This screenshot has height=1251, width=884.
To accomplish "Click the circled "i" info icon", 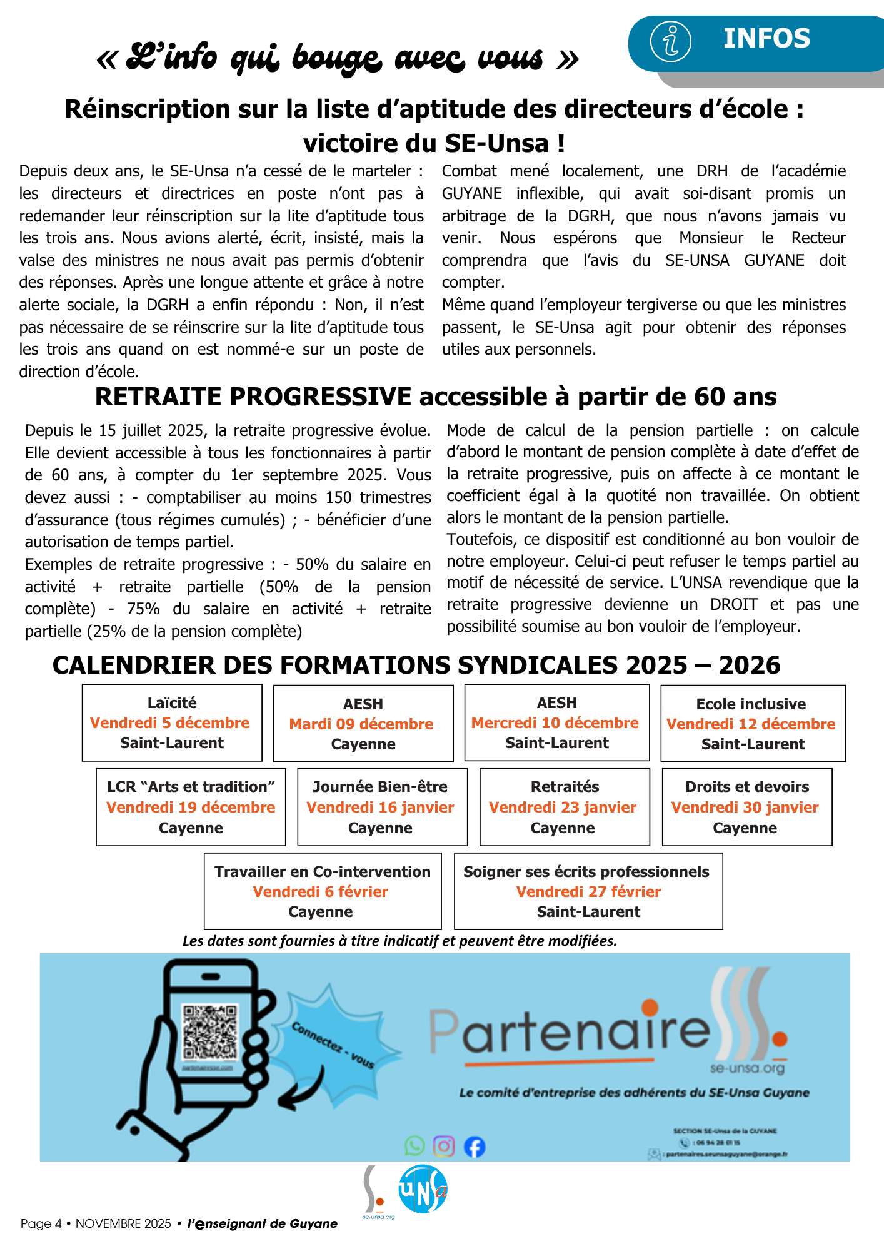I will click(x=670, y=41).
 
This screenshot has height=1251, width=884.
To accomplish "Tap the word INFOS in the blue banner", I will click(x=766, y=39).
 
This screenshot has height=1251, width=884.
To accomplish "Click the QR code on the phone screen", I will click(x=211, y=1033).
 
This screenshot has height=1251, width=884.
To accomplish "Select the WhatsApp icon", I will click(x=414, y=1146).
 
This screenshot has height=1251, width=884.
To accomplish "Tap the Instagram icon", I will click(x=444, y=1146).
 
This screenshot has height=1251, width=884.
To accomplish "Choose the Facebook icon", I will click(x=475, y=1147).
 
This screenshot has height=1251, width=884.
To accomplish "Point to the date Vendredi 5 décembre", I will click(x=170, y=723).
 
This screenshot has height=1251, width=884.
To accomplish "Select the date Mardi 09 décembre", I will click(x=361, y=724).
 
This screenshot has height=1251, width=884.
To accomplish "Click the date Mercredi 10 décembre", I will click(x=555, y=723).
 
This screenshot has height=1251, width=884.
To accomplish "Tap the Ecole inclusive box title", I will click(x=751, y=704).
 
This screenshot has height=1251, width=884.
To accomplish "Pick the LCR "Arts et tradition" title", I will click(x=191, y=787).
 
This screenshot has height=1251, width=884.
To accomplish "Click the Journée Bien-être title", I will click(x=380, y=787).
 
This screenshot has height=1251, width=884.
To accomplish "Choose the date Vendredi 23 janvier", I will click(x=563, y=808).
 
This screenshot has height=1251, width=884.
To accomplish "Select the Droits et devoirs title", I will click(x=747, y=787).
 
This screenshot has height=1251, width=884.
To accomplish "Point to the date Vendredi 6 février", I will click(x=321, y=892).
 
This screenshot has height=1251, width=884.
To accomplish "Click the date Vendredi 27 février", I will click(x=588, y=892).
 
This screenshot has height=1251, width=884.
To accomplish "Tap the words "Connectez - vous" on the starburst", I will click(x=333, y=1045).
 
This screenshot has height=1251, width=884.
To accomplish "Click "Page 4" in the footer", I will click(x=41, y=1224).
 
